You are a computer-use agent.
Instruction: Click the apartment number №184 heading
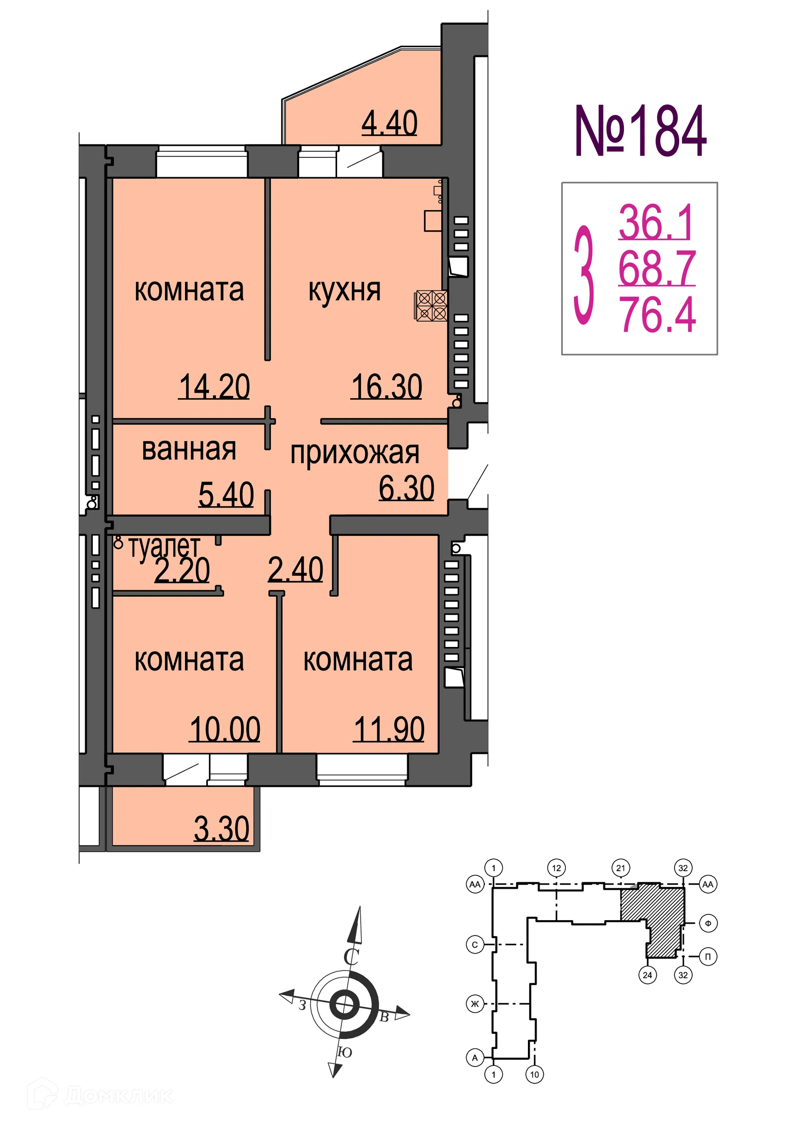pyautogui.click(x=640, y=132)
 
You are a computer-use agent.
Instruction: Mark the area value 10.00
pyautogui.click(x=225, y=729)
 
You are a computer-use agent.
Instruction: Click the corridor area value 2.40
pyautogui.click(x=295, y=570)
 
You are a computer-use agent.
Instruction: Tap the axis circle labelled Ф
pyautogui.click(x=708, y=923)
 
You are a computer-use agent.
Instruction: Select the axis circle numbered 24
pyautogui.click(x=647, y=975)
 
